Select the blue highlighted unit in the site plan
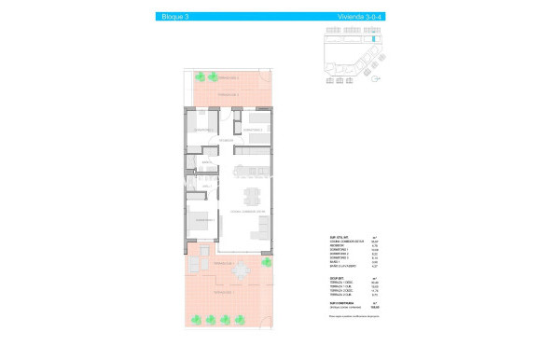click(374, 39)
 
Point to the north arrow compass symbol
click(373, 80)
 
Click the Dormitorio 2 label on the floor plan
click(256, 129)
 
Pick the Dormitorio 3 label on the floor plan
click(204, 129)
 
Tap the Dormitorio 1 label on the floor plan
click(205, 220)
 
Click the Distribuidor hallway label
click(227, 141)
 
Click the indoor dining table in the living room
click(251, 197)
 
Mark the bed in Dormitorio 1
click(201, 226)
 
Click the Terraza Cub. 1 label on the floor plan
click(221, 264)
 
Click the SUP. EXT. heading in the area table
click(339, 278)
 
